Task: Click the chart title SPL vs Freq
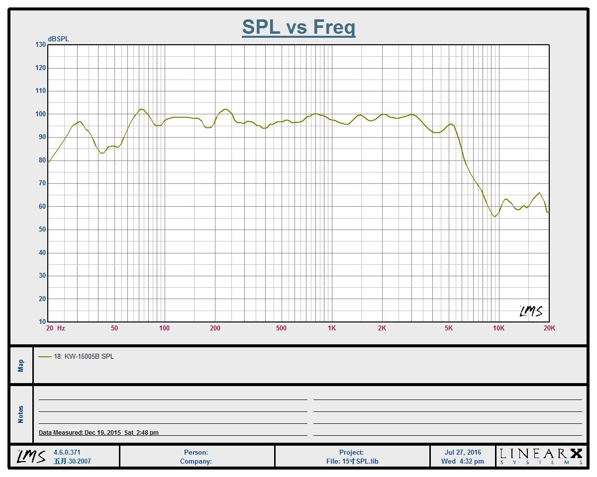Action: coord(298,27)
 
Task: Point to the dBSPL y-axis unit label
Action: coord(58,39)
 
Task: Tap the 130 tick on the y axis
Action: coord(40,45)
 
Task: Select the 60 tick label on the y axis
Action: coord(40,206)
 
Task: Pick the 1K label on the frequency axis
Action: coord(332,328)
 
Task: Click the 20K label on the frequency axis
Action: coord(549,328)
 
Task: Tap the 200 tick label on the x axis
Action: coord(215,328)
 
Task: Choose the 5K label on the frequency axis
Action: coord(449,328)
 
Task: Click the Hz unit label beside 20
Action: coord(61,328)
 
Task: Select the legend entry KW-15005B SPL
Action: coord(84,356)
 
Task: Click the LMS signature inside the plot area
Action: coord(531,311)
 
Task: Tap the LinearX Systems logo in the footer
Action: coord(541,456)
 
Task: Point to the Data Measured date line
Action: coord(99,433)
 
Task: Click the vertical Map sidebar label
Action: coord(21,366)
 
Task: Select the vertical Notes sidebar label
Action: coord(21,414)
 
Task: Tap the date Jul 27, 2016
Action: coord(463,452)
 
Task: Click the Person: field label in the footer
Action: coord(196,452)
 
